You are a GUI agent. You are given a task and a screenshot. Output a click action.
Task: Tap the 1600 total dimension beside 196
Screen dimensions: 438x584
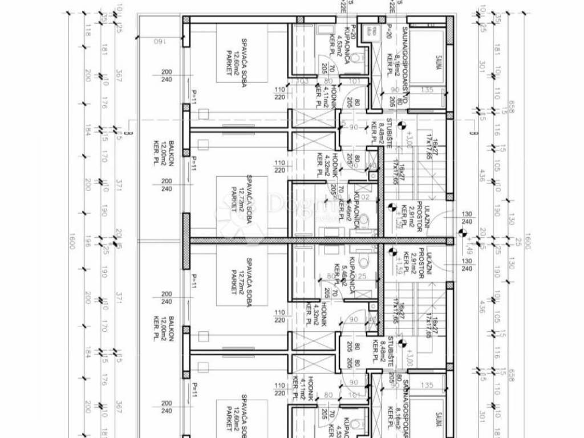73,242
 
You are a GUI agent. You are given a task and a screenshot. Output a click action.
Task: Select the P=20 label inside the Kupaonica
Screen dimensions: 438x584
353,33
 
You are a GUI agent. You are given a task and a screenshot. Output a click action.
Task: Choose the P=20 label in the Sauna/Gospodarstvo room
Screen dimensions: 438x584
388,33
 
